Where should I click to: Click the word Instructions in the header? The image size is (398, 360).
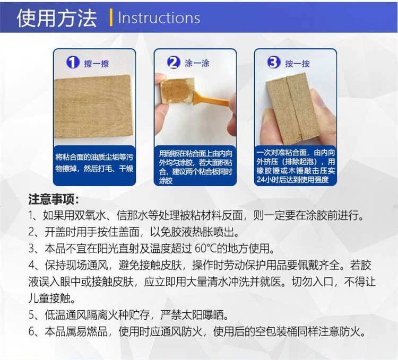click(x=159, y=18)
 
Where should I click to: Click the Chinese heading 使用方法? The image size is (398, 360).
click(x=57, y=19)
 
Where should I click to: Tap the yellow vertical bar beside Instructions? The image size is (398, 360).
click(x=111, y=17)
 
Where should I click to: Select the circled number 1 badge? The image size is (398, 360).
click(x=73, y=63)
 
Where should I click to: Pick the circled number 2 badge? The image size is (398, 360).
click(x=174, y=63)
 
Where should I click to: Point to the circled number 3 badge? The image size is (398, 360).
click(x=274, y=63)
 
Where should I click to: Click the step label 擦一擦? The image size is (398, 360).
click(x=97, y=64)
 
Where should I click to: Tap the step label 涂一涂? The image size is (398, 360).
click(x=197, y=63)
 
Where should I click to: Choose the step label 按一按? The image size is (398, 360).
click(x=298, y=64)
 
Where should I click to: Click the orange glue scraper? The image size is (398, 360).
click(x=211, y=100)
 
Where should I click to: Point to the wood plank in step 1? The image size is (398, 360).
click(x=94, y=107)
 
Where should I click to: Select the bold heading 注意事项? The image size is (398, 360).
click(x=53, y=199)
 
